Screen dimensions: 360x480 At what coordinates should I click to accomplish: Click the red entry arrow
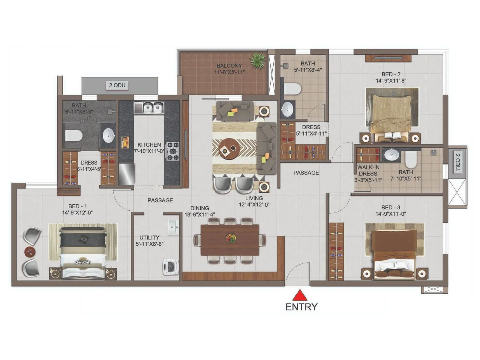[300, 295]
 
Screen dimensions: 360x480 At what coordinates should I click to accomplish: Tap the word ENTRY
[301, 307]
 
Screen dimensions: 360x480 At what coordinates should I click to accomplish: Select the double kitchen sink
[149, 108]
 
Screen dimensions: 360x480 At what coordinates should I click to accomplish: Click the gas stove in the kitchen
[172, 151]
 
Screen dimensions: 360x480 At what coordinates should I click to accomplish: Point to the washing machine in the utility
[171, 267]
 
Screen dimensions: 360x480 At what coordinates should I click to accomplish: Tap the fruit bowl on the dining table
[231, 238]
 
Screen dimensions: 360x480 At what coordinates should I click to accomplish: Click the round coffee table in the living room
[229, 148]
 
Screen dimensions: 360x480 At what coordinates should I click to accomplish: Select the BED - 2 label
[391, 74]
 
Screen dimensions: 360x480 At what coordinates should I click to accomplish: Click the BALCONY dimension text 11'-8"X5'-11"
[229, 72]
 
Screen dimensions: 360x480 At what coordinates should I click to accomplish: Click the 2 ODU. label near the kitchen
[118, 85]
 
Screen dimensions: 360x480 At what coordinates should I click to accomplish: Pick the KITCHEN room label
[149, 145]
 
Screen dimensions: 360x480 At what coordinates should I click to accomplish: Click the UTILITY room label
[149, 237]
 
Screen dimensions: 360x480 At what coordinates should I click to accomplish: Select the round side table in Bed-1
[30, 251]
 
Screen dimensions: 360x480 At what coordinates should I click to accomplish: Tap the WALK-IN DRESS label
[368, 170]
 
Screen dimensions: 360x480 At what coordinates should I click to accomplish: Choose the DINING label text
[199, 208]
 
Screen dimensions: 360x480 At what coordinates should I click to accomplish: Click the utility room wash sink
[173, 227]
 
